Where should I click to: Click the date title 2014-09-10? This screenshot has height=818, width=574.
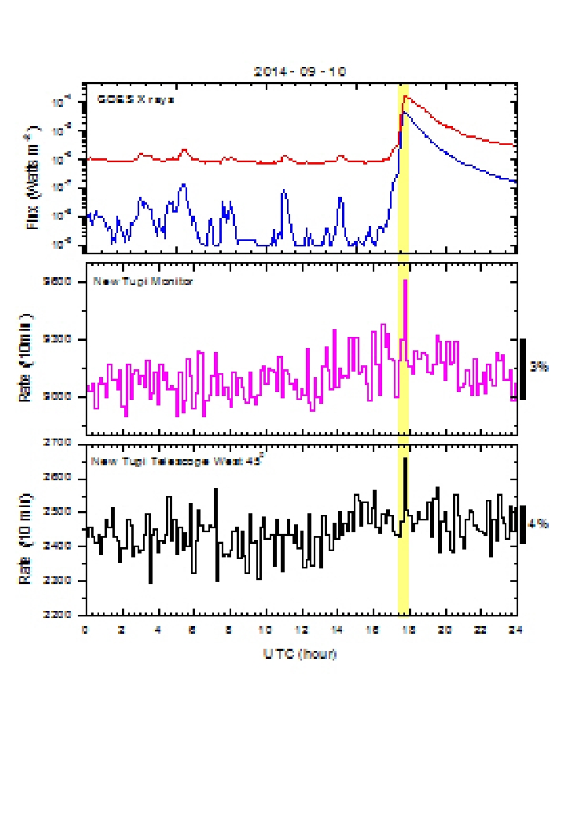point(300,71)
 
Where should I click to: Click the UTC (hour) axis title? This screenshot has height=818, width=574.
point(300,653)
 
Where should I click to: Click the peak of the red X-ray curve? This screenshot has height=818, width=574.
point(405,97)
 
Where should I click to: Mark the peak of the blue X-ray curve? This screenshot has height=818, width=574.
point(403,113)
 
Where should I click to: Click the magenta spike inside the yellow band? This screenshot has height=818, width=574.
point(406,281)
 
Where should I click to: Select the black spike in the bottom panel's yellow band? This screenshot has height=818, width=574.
point(406,459)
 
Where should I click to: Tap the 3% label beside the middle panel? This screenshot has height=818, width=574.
point(539,367)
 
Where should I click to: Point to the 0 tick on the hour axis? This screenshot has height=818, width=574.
point(85,630)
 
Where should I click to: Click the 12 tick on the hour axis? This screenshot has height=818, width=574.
point(301,630)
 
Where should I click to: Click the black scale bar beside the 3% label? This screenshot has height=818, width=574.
point(523,368)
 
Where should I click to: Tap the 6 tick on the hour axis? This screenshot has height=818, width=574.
point(193,630)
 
